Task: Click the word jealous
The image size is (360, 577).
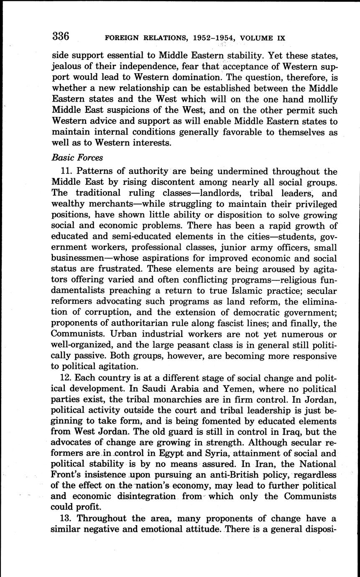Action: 66,67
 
